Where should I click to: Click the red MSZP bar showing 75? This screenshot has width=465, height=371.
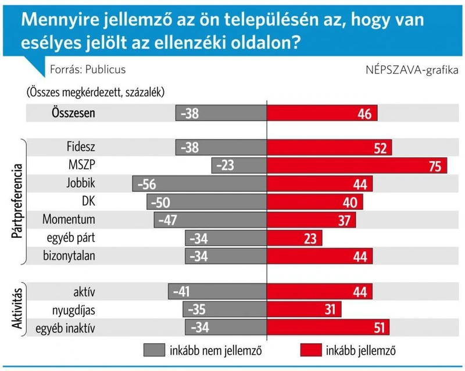point(357,166)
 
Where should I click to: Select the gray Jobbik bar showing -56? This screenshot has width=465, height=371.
point(199,184)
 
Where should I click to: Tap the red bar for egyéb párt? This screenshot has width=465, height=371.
point(294,238)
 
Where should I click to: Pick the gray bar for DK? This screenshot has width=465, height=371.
point(207,202)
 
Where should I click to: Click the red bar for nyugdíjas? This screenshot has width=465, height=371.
point(304,309)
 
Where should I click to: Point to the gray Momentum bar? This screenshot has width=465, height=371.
point(210,220)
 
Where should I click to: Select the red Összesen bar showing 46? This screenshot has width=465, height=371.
point(322,113)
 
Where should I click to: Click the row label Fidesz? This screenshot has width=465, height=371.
point(81,147)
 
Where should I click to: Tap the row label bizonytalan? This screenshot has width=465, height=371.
point(69,256)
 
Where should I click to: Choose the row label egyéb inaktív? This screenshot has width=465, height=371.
point(66,329)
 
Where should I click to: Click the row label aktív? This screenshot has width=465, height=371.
point(84,292)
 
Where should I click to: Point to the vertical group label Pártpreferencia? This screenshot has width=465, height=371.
point(17,201)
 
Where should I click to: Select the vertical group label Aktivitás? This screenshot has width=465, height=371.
point(17,309)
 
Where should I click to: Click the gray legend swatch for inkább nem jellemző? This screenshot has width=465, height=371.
point(154,350)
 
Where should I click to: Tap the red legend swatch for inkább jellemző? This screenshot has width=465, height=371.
point(311,350)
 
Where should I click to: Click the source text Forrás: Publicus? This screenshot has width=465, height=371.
point(88,69)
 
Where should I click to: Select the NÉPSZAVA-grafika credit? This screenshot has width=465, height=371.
point(412,70)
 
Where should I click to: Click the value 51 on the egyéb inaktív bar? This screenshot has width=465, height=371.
point(380,328)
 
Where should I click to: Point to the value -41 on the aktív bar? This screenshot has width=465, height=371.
point(181,292)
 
